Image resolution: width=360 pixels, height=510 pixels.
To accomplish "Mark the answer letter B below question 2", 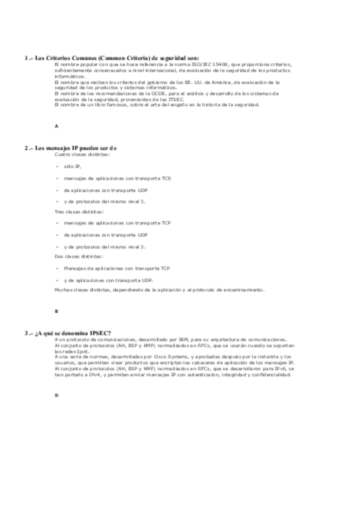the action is (x=55, y=312).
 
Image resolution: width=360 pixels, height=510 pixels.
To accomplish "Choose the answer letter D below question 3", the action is (x=55, y=395).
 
